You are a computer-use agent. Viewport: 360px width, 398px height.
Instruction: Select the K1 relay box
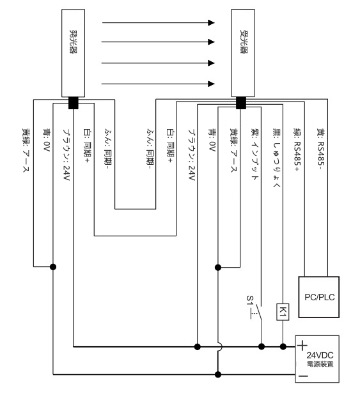click(x=283, y=312)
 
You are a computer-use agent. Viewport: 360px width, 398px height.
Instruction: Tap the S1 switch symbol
click(x=258, y=312)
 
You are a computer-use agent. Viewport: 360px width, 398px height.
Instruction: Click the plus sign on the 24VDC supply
click(x=302, y=346)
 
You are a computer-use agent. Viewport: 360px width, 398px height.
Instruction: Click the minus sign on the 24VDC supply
click(x=303, y=376)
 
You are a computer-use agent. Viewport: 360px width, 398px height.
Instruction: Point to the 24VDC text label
click(x=320, y=355)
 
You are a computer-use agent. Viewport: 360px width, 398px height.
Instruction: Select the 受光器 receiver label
click(x=244, y=42)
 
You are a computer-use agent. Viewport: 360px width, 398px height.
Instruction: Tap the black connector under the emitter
click(x=74, y=103)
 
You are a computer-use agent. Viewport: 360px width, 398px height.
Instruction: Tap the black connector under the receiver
click(x=241, y=103)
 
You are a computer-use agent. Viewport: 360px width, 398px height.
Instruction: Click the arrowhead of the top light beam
click(x=211, y=22)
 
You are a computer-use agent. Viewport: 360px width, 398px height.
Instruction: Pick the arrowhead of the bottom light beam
click(x=211, y=84)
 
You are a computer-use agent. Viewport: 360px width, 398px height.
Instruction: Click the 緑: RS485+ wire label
click(x=297, y=149)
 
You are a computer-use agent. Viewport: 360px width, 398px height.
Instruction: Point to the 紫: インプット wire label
click(x=254, y=154)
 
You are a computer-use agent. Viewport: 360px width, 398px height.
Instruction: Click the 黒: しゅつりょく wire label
click(x=276, y=158)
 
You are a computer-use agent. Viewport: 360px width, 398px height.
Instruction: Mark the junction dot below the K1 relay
click(x=283, y=346)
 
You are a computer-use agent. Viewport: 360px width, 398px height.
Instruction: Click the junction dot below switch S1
click(x=262, y=346)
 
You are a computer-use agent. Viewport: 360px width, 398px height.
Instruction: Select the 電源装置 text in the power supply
click(x=320, y=364)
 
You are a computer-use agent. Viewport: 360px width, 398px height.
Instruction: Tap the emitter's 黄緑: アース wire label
click(x=26, y=150)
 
